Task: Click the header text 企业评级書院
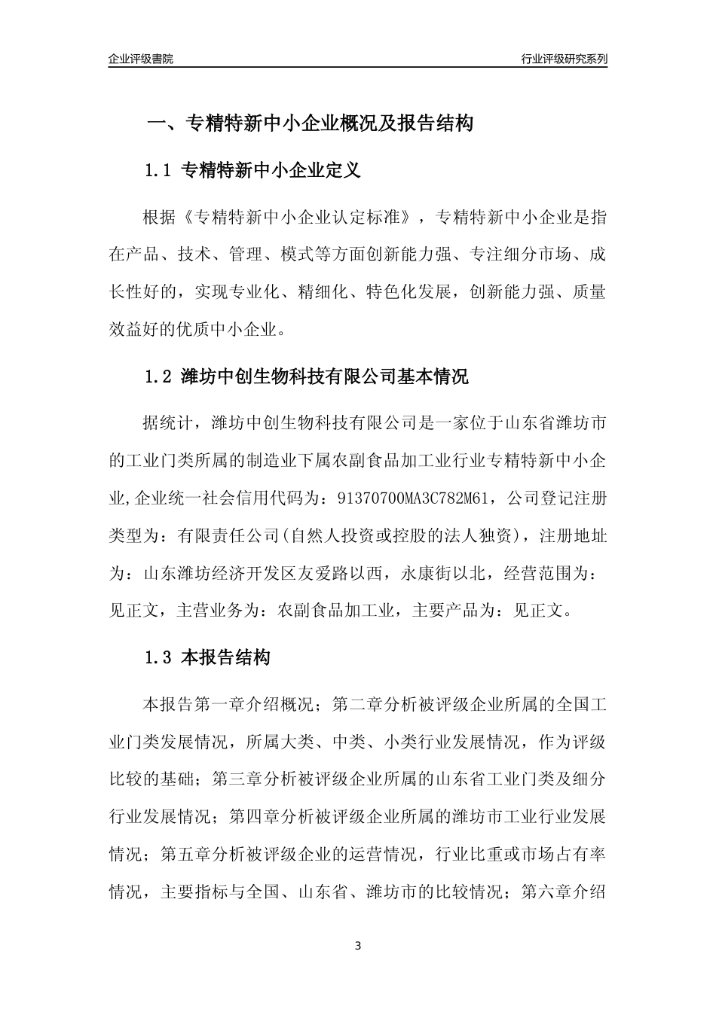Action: click(141, 59)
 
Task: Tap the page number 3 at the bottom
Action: click(358, 946)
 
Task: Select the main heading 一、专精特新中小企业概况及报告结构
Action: click(310, 123)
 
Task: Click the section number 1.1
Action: click(159, 171)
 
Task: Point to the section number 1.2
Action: click(159, 376)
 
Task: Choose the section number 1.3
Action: click(159, 657)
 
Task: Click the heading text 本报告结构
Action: click(226, 657)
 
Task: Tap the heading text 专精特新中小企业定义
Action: click(272, 171)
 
